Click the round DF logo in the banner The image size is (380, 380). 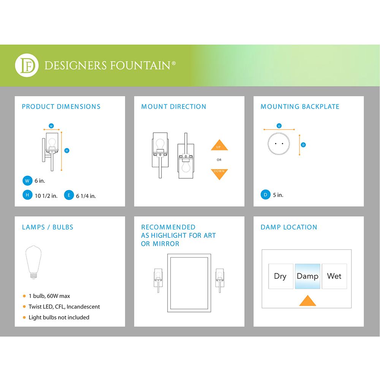(x=27, y=65)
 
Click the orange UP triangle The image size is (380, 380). (x=219, y=146)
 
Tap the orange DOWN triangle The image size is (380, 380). (x=219, y=173)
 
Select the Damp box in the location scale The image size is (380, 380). (x=307, y=276)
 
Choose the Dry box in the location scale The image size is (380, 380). (x=280, y=276)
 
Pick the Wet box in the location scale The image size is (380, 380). (x=334, y=276)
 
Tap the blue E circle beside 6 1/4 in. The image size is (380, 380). (x=69, y=195)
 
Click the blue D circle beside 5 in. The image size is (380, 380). (x=266, y=195)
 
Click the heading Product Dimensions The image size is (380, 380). (x=61, y=107)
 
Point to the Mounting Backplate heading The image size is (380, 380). (x=300, y=107)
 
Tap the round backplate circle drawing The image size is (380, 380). (x=279, y=144)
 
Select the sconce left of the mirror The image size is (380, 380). (x=158, y=279)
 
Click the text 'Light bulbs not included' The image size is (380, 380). (x=59, y=317)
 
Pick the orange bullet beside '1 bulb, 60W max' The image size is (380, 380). (x=24, y=296)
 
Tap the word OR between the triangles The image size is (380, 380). (x=219, y=160)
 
